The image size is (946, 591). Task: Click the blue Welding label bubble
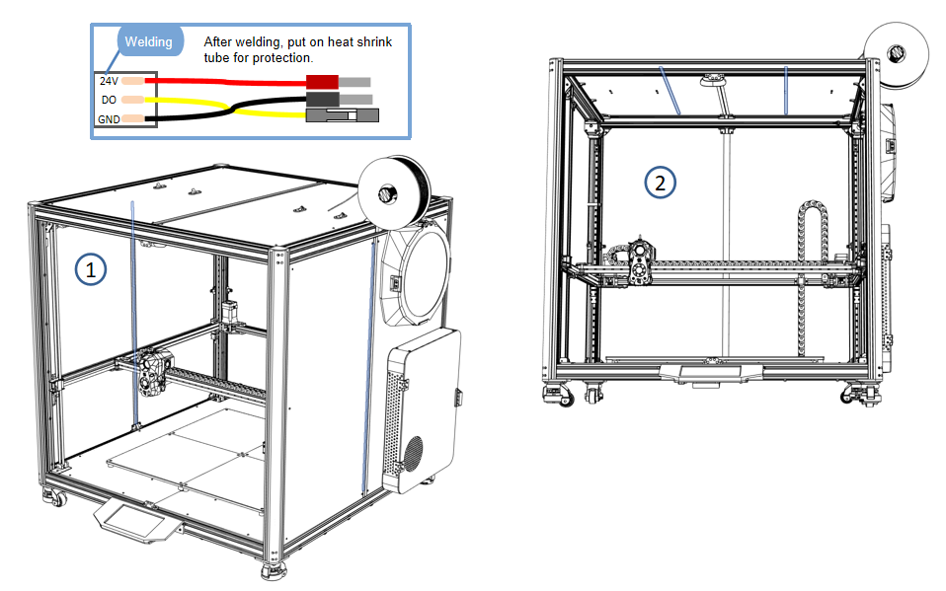click(x=147, y=42)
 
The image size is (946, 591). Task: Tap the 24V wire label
click(x=109, y=81)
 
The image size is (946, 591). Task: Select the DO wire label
click(x=109, y=100)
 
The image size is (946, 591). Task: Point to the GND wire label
click(x=109, y=119)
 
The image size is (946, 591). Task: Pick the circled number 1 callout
click(x=91, y=268)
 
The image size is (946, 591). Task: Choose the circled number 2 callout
click(x=661, y=182)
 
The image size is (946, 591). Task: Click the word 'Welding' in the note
click(x=147, y=42)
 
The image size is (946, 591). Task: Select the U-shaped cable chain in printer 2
click(x=812, y=237)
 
